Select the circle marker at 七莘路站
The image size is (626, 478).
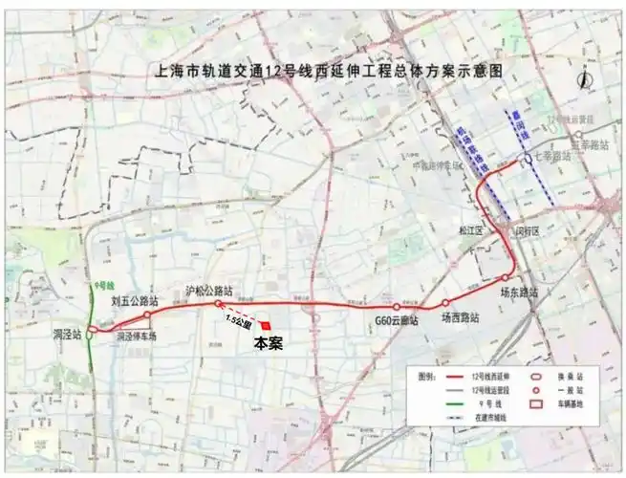point(527,159)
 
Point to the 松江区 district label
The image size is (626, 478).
point(475,231)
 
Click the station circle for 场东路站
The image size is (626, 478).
point(507,278)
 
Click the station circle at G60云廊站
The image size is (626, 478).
point(397,307)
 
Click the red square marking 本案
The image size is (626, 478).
point(264,327)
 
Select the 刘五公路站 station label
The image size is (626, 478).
point(134,301)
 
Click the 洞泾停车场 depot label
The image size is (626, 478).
point(136,337)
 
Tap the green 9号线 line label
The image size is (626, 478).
point(103,286)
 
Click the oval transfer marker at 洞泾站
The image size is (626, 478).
point(90,333)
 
